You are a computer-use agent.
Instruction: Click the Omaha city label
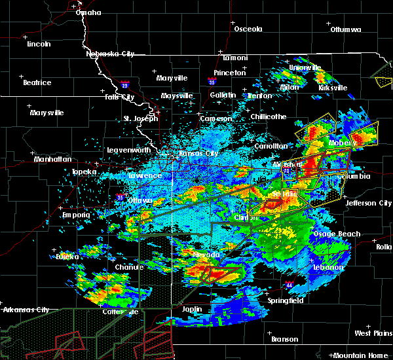tap(88, 12)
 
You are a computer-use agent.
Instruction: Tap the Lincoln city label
tap(39, 44)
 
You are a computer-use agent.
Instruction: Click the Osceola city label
tap(248, 29)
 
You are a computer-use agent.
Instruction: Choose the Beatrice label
tap(37, 82)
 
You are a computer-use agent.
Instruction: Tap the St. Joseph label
tap(141, 118)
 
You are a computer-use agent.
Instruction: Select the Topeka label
tap(84, 171)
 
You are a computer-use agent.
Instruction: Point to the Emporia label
tap(76, 215)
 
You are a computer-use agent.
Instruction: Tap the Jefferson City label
tap(368, 203)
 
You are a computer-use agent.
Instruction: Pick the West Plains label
tap(372, 334)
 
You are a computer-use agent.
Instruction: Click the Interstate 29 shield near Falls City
tap(124, 84)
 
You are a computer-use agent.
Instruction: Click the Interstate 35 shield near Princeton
tap(212, 82)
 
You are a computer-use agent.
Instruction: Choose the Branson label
tap(285, 339)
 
